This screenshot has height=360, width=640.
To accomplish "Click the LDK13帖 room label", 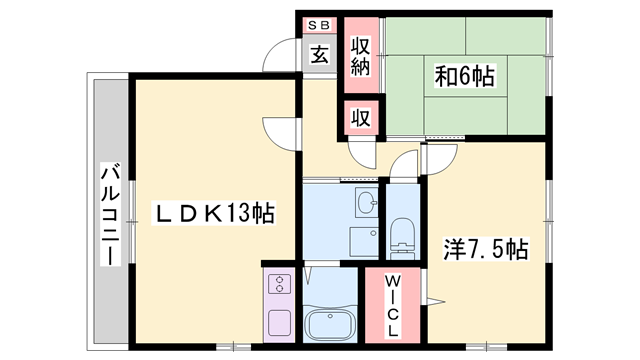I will [x=213, y=213].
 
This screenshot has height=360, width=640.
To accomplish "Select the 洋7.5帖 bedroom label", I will [x=486, y=247].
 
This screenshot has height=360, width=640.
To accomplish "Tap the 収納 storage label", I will [x=360, y=56].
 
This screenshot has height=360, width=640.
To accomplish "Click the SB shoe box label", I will [x=318, y=24].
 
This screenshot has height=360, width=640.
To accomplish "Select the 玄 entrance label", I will [x=318, y=54].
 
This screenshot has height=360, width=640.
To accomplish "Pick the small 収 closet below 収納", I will [x=360, y=117].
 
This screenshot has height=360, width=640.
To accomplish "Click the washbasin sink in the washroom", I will [x=366, y=203].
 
